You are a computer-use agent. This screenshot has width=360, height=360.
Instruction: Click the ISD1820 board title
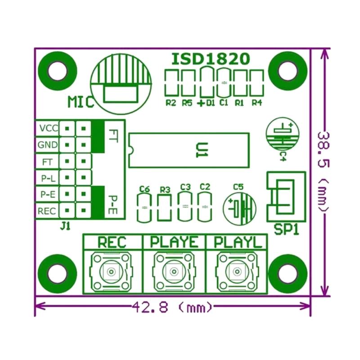[211, 59]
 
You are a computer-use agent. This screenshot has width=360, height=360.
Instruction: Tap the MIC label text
[81, 102]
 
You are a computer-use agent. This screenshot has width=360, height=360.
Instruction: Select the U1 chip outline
[189, 150]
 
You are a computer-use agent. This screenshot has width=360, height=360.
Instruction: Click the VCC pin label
[48, 128]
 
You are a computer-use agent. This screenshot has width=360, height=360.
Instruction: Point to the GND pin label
[48, 145]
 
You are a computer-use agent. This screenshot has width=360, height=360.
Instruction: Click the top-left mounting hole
[58, 70]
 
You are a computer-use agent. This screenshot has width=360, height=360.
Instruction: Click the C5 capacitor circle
[239, 209]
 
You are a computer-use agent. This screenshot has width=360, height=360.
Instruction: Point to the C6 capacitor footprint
[144, 207]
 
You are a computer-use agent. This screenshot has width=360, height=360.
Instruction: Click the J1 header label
[65, 226]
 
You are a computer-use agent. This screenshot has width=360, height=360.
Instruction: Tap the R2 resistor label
[171, 103]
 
